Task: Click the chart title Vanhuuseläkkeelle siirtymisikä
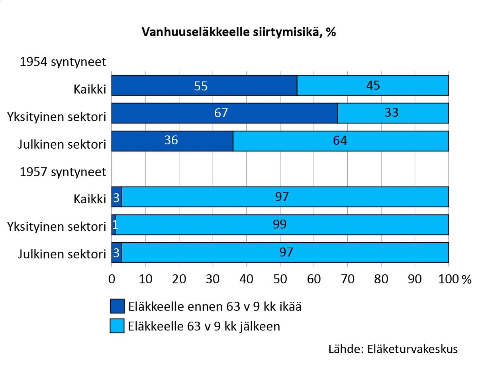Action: (x=239, y=32)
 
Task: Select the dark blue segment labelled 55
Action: (x=204, y=86)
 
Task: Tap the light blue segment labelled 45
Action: (x=373, y=86)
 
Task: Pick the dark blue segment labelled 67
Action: (x=224, y=113)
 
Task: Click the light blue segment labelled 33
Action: (x=393, y=113)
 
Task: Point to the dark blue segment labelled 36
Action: (x=172, y=141)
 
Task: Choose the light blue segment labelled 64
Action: (x=341, y=141)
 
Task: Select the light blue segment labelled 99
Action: (x=282, y=225)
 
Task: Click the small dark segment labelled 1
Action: (x=114, y=225)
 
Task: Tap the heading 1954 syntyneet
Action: (x=63, y=62)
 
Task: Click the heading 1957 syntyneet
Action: (x=63, y=172)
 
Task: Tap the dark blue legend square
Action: (x=117, y=306)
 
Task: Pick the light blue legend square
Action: (x=117, y=326)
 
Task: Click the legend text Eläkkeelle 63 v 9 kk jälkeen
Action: (x=204, y=326)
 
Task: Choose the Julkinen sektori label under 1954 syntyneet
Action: (x=62, y=144)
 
